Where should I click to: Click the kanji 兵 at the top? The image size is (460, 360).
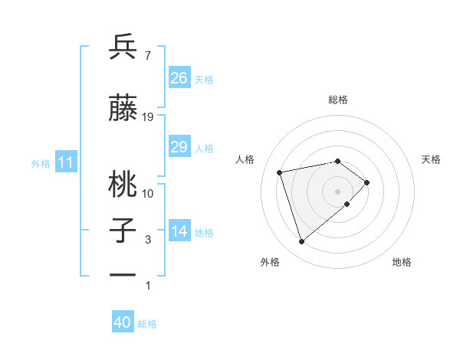coord(123,48)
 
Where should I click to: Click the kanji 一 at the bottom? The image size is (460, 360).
coord(123,274)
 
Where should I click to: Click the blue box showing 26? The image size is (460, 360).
coord(179,78)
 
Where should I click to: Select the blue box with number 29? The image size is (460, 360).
coord(179,148)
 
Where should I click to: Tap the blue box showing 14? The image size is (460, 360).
coord(179,232)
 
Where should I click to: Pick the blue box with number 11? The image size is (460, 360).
coord(66,162)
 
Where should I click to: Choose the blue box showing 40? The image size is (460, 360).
coord(123,322)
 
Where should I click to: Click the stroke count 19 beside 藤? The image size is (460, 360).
coord(148,116)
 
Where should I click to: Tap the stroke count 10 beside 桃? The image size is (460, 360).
coord(148,194)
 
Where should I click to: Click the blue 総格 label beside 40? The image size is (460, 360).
coord(147,324)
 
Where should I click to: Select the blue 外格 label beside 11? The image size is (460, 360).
coord(41,164)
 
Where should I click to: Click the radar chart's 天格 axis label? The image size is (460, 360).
coord(431,159)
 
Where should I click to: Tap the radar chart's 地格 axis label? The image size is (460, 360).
coord(402,262)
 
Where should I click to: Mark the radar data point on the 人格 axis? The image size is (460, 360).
coord(280,172)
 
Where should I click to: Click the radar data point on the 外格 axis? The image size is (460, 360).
coord(302,242)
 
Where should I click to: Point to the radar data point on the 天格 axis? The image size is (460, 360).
coord(367,182)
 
